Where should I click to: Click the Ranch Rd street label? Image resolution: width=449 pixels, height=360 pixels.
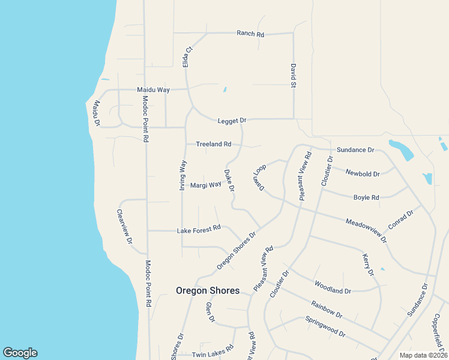coord(250,34)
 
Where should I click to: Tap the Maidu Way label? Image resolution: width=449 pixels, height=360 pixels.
coord(153,90)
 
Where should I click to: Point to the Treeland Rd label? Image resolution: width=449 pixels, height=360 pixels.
coord(213,144)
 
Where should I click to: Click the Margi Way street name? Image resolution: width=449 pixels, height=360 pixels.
coord(206,185)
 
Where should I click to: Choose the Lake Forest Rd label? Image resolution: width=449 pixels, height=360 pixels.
coord(199,229)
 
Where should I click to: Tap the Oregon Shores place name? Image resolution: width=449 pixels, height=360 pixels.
coord(208,290)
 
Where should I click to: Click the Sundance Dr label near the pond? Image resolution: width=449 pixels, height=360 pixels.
coord(355,149)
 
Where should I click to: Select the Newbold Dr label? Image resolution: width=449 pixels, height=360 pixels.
coord(363,174)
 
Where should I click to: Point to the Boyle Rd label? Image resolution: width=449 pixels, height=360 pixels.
coord(366,197)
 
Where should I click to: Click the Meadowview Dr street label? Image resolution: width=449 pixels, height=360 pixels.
coord(366,230)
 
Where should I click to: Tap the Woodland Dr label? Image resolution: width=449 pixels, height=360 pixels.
coord(333,287)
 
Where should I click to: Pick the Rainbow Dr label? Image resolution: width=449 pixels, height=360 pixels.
coord(327,310)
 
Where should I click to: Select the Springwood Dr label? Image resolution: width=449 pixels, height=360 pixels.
coord(325,326)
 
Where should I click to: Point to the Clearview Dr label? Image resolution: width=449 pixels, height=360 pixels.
coord(124,226)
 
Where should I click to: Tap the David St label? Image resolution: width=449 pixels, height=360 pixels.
coord(294,76)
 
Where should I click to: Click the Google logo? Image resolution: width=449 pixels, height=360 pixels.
coord(20,353)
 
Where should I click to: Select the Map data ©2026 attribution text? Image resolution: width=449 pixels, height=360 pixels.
coord(423,355)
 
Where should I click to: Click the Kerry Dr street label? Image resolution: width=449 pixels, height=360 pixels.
coord(368,265)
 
